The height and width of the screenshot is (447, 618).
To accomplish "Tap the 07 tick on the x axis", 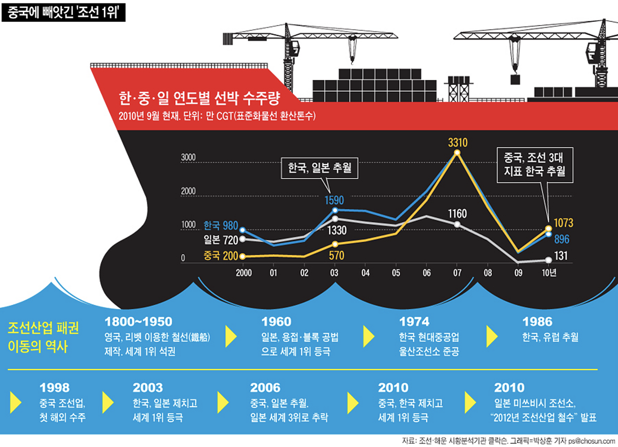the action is (457, 272).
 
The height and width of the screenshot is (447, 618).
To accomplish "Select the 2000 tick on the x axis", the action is (243, 272).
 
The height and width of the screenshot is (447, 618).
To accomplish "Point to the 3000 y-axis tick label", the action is (188, 158).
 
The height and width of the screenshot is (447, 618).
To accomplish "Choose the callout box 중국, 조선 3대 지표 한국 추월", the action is (534, 164).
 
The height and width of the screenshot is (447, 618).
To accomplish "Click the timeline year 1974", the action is (414, 321).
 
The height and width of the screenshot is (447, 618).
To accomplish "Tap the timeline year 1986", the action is (537, 321).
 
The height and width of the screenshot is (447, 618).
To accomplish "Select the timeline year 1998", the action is (55, 387).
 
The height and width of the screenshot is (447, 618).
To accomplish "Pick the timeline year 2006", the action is (265, 387).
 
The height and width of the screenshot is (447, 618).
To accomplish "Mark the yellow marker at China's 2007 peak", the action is (457, 153).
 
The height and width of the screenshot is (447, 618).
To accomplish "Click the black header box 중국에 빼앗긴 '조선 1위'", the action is (64, 12).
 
